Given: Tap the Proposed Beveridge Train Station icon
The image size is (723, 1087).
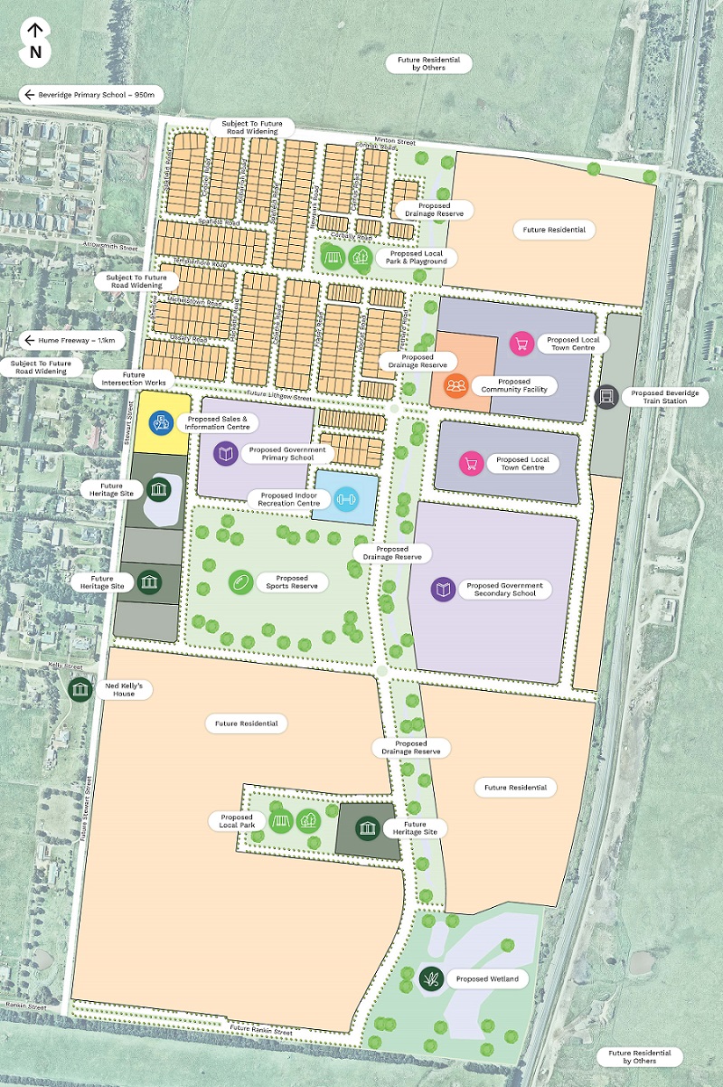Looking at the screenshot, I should click(x=607, y=397).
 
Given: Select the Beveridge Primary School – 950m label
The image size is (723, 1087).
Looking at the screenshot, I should click(x=90, y=94).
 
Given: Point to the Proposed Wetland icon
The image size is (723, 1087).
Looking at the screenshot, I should click(x=431, y=978).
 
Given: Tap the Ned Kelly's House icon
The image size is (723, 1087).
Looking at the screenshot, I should click(x=81, y=690).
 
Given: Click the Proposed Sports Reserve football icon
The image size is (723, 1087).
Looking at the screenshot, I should click(x=239, y=581).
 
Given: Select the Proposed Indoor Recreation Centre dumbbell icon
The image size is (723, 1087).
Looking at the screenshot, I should click(x=345, y=497).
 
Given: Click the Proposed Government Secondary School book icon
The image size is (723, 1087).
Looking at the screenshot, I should click(x=443, y=590).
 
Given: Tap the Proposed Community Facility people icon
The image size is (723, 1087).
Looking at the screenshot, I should click(x=456, y=386).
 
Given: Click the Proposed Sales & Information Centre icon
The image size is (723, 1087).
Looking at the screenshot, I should click(x=161, y=421).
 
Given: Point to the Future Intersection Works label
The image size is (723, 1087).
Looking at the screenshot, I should click(x=133, y=379).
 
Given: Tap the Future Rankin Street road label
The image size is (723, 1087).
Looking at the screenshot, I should click(x=260, y=1030).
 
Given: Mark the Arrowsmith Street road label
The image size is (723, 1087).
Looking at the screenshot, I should click(x=108, y=246).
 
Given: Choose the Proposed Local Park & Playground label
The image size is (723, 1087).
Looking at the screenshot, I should click(x=418, y=258).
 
